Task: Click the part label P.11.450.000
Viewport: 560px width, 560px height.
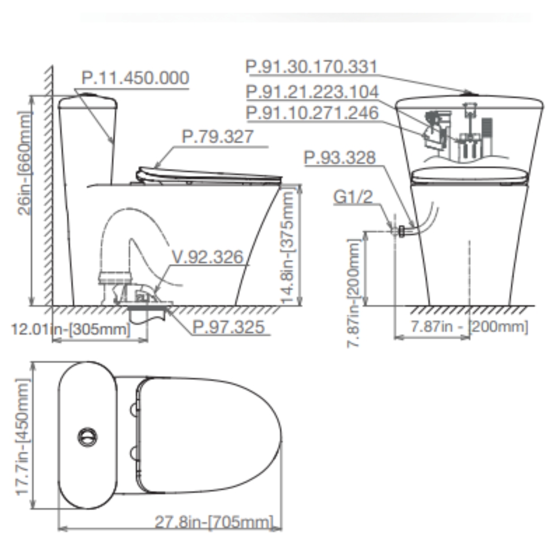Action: [136, 78]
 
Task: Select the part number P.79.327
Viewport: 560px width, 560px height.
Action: [217, 137]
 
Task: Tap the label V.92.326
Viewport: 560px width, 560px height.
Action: [207, 257]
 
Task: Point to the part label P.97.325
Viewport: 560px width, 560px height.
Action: [228, 327]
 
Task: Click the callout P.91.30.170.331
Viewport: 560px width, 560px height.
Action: [311, 67]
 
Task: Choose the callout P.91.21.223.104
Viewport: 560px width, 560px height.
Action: [312, 92]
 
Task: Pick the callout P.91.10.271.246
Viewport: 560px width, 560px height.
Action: [312, 113]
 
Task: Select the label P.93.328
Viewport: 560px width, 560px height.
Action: [340, 157]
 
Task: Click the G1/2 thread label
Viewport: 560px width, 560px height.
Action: [353, 197]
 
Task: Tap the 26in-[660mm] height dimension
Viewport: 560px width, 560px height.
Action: [25, 163]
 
